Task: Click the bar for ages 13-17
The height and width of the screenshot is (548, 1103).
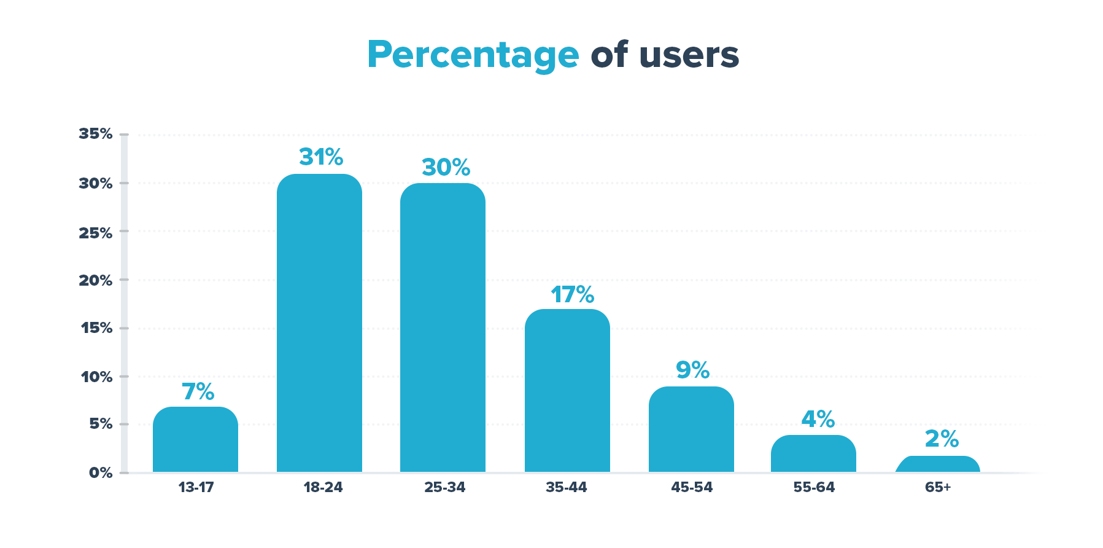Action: point(195,439)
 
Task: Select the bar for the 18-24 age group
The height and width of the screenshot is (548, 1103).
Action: point(319,323)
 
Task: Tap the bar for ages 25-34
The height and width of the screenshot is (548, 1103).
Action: point(443,327)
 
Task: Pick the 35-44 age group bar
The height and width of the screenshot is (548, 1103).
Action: point(567,391)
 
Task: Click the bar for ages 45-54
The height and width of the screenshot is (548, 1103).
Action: point(691,429)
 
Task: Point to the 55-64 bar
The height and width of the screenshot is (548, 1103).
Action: point(813,453)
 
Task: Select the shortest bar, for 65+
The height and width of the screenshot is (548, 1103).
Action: point(938,464)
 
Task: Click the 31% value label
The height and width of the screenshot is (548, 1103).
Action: point(321,157)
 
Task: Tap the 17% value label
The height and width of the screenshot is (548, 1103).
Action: point(572,295)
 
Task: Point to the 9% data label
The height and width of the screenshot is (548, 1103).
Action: point(692,370)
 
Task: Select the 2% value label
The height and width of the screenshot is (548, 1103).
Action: point(942,439)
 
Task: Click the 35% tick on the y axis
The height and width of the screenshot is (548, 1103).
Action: point(96,134)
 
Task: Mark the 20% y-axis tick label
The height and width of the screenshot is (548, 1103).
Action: point(96,280)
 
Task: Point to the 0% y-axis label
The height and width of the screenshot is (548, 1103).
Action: point(101,472)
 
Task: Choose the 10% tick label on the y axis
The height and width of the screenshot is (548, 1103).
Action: point(97,377)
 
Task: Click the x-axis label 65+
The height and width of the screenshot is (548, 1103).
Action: point(938,487)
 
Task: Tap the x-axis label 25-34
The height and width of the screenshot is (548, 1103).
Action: point(444,487)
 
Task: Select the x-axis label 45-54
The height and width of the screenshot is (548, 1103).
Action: point(692,487)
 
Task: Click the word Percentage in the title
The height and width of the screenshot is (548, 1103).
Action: point(473,55)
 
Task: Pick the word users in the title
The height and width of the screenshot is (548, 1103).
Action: point(689,55)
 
